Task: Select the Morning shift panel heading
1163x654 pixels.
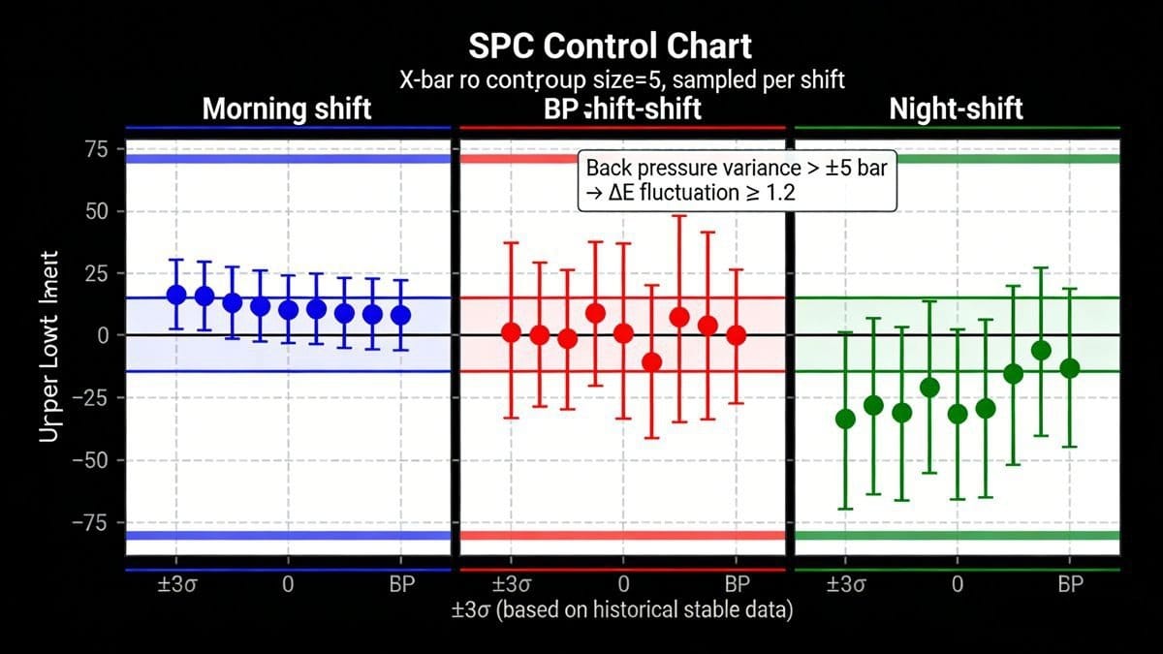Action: pos(287,108)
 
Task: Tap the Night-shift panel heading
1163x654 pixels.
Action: pos(956,108)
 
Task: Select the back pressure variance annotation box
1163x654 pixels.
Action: pos(738,179)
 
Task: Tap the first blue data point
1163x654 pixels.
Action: pos(176,295)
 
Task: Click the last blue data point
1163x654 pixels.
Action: pos(400,315)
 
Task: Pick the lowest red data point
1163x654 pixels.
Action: pos(651,362)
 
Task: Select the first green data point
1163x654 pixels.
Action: pos(845,419)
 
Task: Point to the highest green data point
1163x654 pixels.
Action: pos(1041,351)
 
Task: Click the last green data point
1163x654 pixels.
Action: pos(1070,368)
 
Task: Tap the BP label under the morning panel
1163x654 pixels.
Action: pos(401,585)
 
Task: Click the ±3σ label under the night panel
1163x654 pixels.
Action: pos(845,585)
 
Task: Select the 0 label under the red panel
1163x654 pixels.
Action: pos(623,585)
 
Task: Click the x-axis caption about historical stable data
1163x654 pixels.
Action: pos(621,611)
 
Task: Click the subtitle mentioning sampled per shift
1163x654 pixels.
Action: pos(621,79)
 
